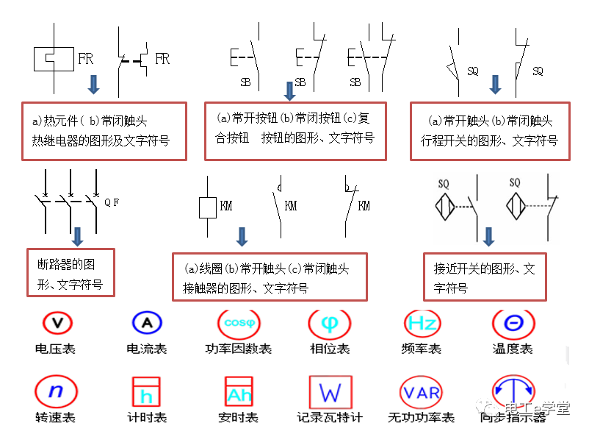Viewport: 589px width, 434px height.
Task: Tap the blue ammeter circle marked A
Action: pyautogui.click(x=147, y=322)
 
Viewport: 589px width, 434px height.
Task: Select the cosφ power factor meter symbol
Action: pyautogui.click(x=239, y=322)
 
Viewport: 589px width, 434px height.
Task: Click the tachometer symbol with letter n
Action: pyautogui.click(x=56, y=391)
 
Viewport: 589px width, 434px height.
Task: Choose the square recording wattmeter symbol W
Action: pyautogui.click(x=330, y=392)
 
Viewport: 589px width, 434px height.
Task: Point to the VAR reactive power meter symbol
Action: pyautogui.click(x=422, y=392)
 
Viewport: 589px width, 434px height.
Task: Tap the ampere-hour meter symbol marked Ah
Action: pyautogui.click(x=239, y=392)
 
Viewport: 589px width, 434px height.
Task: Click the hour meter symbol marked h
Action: pyautogui.click(x=147, y=392)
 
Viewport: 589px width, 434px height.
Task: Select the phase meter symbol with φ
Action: pyautogui.click(x=330, y=322)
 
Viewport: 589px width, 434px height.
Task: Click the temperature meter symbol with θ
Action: pyautogui.click(x=513, y=322)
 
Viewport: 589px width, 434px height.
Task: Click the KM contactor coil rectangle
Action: pyautogui.click(x=208, y=207)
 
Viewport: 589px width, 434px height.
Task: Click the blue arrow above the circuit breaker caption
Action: pyautogui.click(x=77, y=237)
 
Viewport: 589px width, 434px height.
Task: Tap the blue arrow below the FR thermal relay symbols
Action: pyautogui.click(x=93, y=84)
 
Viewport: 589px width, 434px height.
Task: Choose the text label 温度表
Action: pyautogui.click(x=513, y=349)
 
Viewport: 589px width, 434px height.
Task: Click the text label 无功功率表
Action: pyautogui.click(x=422, y=418)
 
